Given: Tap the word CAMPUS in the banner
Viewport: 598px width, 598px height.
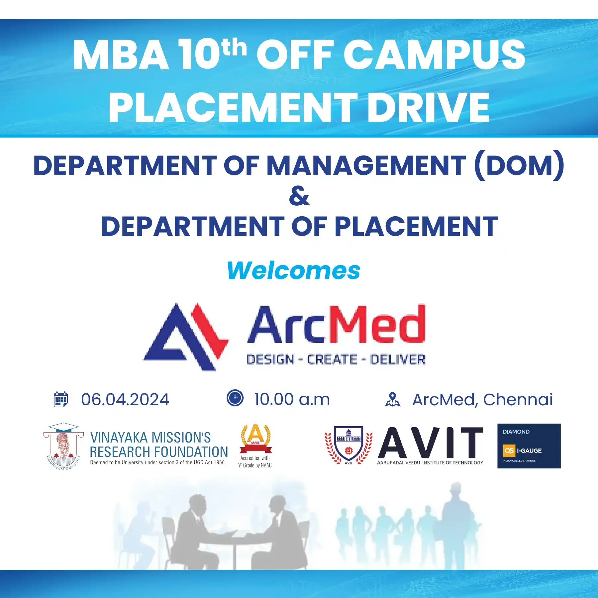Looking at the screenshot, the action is pos(434,54).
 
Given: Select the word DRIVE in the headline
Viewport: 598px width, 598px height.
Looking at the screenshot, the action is pos(428,107).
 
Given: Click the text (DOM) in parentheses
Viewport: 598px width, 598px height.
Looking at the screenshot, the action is pos(519,165).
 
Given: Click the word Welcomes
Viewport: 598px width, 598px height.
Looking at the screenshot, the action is pos(294,270).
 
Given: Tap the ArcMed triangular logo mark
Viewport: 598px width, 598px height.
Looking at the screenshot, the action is pos(186,337).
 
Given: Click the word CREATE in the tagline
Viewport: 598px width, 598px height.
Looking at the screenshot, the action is pos(332,359).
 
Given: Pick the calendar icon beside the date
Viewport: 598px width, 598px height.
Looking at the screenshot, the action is pos(60,399).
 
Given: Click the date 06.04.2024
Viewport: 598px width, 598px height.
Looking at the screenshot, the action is pos(125,399).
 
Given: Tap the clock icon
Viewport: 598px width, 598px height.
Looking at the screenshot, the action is pos(235,398).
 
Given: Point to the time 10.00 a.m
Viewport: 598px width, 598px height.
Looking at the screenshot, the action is pos(292,399).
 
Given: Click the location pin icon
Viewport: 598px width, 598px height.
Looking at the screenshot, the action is pos(393,399).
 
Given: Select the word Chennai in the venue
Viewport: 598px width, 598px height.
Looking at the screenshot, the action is pos(518,399).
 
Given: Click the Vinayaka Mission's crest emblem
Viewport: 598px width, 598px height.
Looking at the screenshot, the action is pos(63,447).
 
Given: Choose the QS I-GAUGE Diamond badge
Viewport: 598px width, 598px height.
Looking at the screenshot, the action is pos(529,446).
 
